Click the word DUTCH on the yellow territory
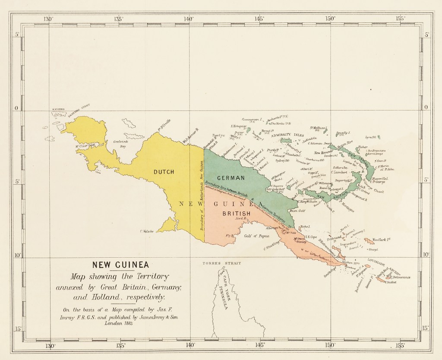point(164,172)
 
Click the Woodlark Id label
point(382,239)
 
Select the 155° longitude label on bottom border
point(401,345)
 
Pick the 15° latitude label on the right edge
point(426,328)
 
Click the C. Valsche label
point(147,231)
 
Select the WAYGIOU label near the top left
point(58,110)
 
